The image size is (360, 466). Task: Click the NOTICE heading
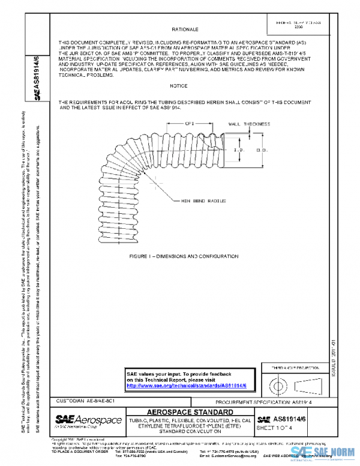click(178, 86)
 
